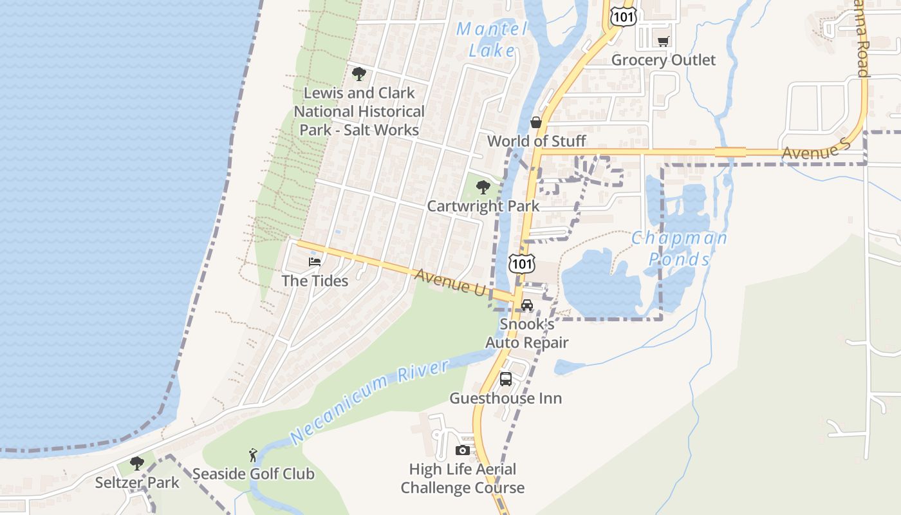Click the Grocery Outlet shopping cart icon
(x=663, y=42)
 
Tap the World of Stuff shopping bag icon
(x=535, y=122)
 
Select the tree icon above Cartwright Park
(x=483, y=187)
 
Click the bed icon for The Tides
(x=315, y=262)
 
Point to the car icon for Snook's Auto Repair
(x=527, y=305)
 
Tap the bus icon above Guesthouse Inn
(x=506, y=379)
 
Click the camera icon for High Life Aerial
(x=462, y=450)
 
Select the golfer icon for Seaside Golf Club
(x=254, y=455)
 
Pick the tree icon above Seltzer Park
(x=136, y=463)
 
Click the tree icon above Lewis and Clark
(x=359, y=74)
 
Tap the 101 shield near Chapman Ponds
(x=521, y=263)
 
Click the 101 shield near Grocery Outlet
(x=623, y=16)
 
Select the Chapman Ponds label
(x=679, y=248)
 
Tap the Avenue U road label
(x=450, y=283)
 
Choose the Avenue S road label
(x=816, y=153)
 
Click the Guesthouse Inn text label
(x=505, y=398)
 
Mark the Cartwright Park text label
(x=483, y=206)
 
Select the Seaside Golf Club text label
(x=254, y=474)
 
